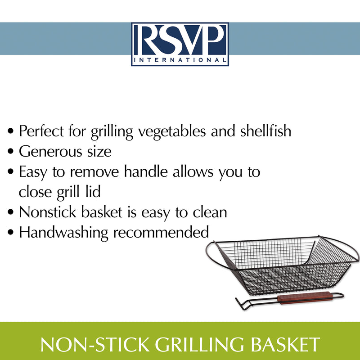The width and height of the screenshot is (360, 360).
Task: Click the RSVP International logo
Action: click(x=180, y=44)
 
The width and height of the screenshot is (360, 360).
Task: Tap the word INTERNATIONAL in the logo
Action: click(x=180, y=59)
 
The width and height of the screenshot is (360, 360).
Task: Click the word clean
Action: click(x=208, y=212)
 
